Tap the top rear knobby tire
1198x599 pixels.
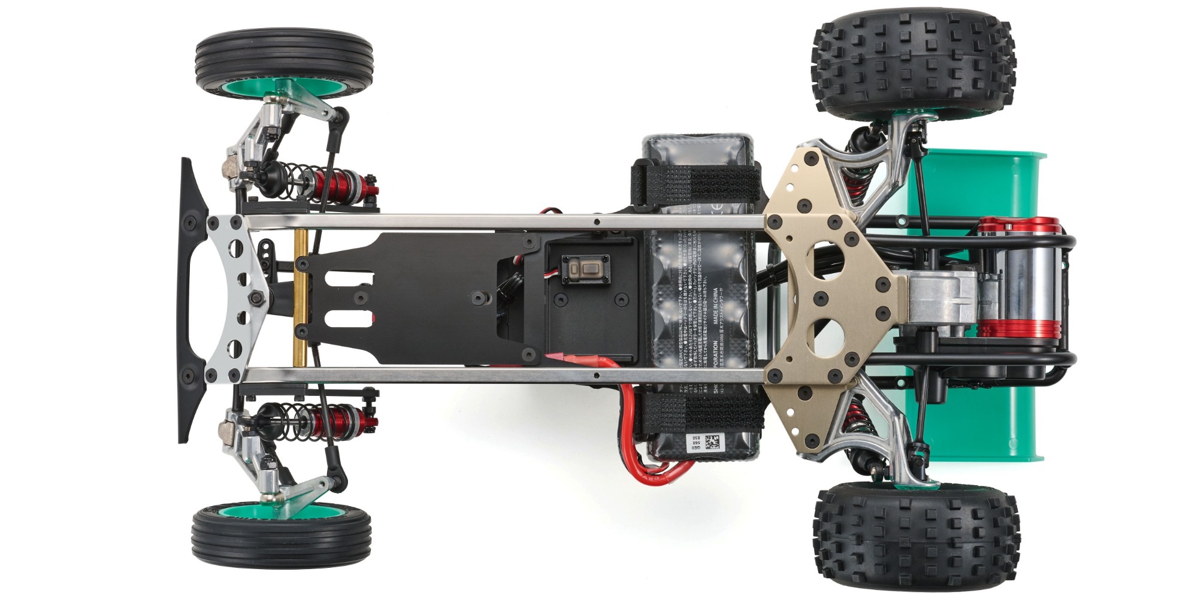(x=913, y=65)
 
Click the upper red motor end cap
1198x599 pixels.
(x=1018, y=227)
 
